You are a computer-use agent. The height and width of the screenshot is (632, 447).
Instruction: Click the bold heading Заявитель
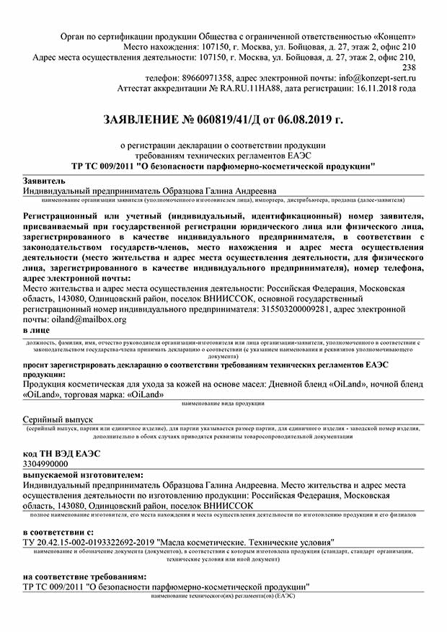coord(44,180)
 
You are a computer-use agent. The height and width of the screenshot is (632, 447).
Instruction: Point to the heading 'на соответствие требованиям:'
coord(84,577)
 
